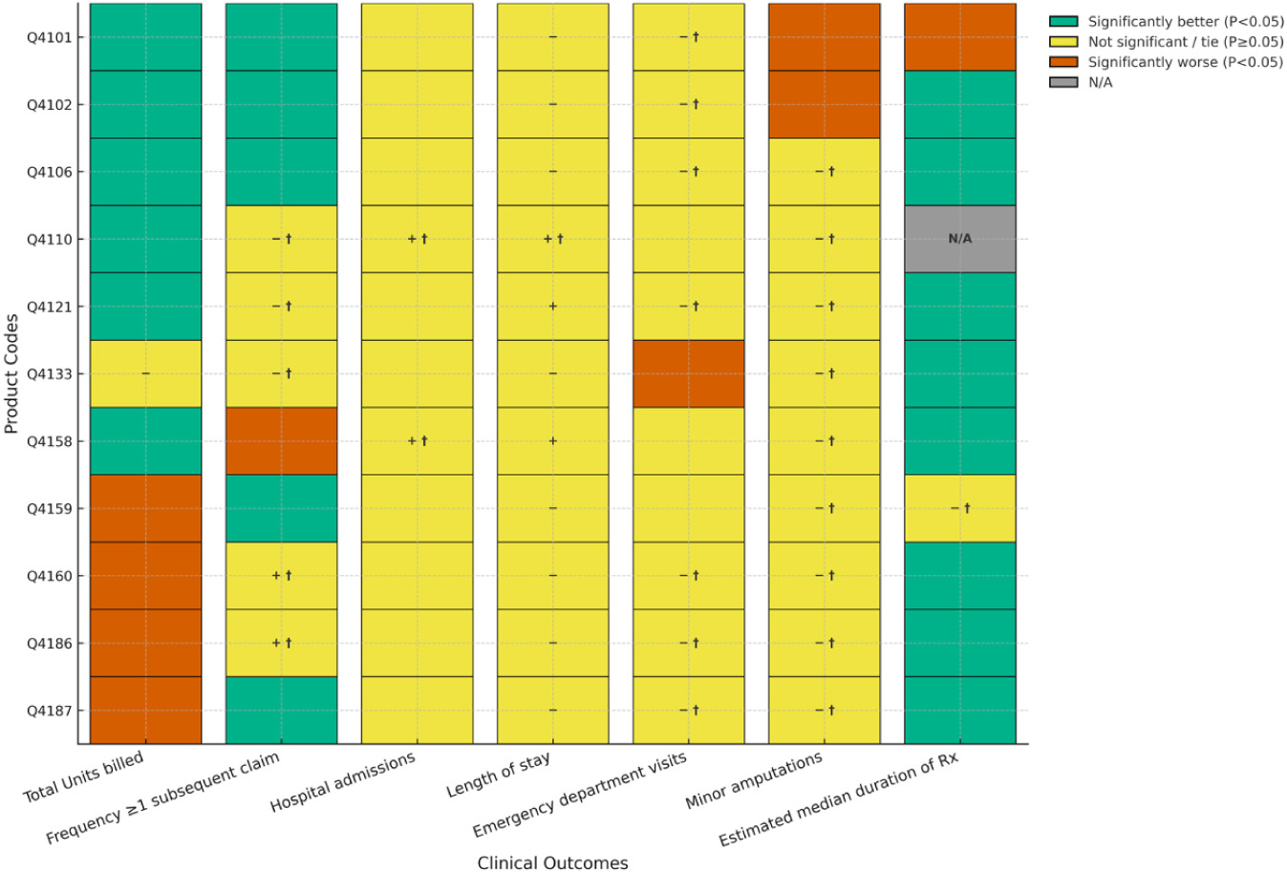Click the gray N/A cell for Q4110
pos(959,239)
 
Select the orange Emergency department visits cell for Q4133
pos(688,373)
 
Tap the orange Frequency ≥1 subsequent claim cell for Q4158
pos(281,441)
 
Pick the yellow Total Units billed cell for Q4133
pos(145,373)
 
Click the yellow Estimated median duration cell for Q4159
pos(959,508)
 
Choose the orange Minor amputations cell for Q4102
pos(824,104)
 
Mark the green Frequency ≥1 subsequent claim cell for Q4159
pos(281,508)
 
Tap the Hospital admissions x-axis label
pos(343,782)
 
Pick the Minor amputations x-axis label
pos(754,781)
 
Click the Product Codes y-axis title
pos(11,373)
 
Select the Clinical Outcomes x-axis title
pos(552,862)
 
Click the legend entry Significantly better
pos(1185,21)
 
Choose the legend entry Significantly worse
pos(1185,62)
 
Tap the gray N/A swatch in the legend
pos(1063,82)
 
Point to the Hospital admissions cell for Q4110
pos(417,239)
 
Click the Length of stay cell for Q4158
pos(552,441)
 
